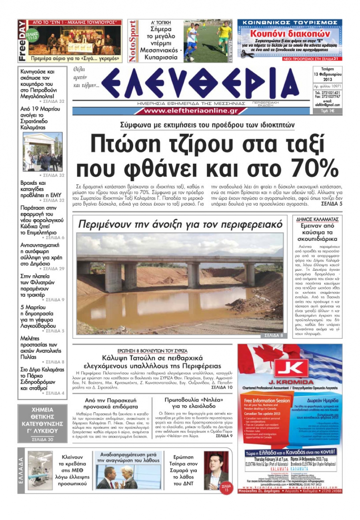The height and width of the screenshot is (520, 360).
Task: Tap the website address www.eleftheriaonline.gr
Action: (191, 111)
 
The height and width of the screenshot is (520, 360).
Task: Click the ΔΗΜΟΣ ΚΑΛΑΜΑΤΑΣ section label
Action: (318, 219)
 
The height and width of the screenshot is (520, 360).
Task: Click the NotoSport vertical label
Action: (132, 41)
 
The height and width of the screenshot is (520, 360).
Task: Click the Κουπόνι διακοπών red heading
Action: (290, 34)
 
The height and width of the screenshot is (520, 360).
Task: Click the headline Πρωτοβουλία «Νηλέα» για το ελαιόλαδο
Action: (194, 403)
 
